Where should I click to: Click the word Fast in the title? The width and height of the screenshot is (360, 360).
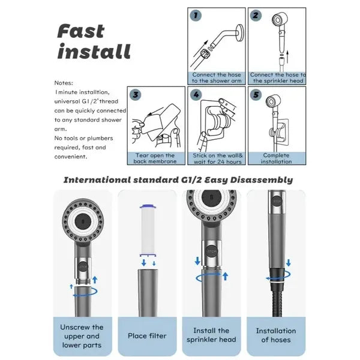coord(80,31)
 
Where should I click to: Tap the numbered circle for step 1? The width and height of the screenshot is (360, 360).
coord(196,16)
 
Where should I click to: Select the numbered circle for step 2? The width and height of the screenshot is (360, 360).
coord(256,16)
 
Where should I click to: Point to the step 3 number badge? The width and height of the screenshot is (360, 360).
coord(136,95)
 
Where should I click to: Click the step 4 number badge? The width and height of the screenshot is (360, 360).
coord(196,95)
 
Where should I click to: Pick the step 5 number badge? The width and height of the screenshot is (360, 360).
coord(256,95)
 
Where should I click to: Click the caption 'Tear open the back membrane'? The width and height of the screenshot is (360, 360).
coord(155,158)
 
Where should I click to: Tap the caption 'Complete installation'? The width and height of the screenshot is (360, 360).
coord(276,158)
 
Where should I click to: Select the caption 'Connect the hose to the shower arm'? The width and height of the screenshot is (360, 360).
coord(217,77)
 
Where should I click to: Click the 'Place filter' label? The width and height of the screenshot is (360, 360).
coord(147,336)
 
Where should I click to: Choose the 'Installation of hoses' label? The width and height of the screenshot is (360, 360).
coord(276,335)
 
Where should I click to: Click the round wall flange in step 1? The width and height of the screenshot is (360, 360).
coord(239,32)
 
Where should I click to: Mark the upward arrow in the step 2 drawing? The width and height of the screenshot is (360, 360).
coord(287,56)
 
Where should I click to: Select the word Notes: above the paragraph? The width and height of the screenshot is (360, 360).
coord(64,83)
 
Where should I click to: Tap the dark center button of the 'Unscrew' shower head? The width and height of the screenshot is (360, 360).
coord(83,221)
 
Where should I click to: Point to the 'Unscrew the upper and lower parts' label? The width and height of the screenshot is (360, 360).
coord(82,336)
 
